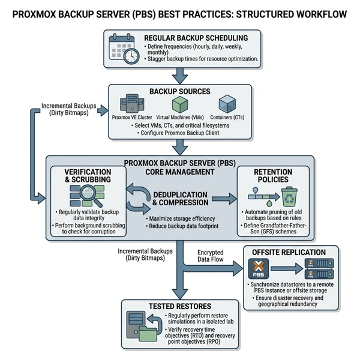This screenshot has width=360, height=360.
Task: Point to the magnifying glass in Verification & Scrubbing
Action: (89, 193)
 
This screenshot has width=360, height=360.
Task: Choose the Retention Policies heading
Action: (273, 176)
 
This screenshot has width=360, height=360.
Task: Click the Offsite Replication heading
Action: (290, 253)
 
